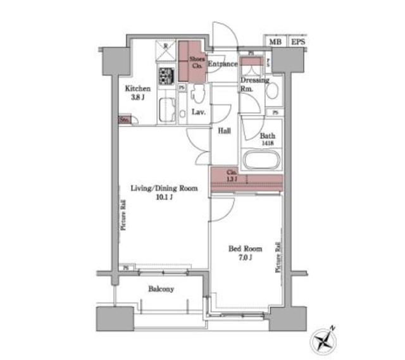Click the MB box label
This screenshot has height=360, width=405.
coord(275,42)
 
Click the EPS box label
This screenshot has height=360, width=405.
coord(297,42)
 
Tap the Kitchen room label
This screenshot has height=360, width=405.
coord(137,89)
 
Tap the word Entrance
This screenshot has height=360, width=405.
coord(222,64)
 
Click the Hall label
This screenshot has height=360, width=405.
coord(224,132)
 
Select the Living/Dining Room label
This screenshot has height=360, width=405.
coord(164,188)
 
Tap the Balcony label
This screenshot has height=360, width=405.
coord(161,289)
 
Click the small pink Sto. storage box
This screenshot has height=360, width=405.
coord(124,119)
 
